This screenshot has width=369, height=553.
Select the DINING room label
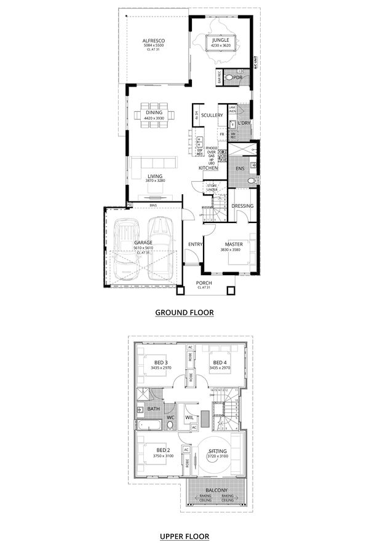pos(154,113)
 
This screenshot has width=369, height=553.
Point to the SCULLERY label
pos(212,116)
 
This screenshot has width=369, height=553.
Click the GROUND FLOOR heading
pos(184,313)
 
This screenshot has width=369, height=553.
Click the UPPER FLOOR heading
pos(184,536)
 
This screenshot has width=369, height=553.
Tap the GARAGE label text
pos(143,243)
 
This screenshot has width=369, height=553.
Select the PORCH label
pos(204,283)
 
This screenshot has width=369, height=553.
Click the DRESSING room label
pos(242,206)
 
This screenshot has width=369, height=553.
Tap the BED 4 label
pos(220,363)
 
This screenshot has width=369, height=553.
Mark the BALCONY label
pos(218,491)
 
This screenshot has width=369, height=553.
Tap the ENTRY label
pos(195,244)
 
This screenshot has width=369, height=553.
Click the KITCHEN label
pos(208,168)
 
